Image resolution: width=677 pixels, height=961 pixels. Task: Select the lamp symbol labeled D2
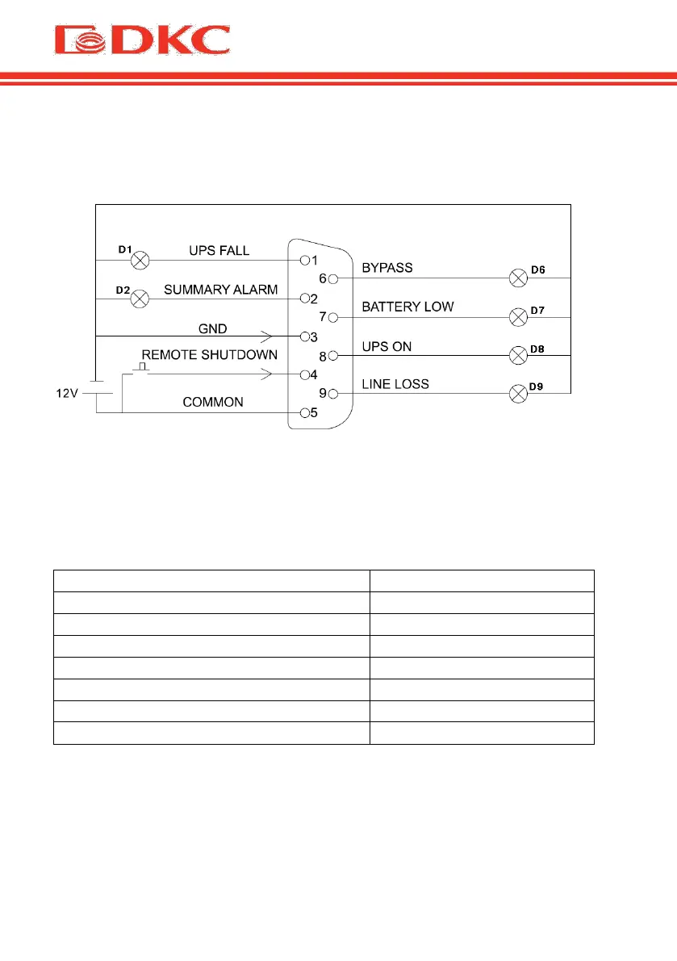tap(140, 299)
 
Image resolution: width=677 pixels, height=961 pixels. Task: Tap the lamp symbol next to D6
tap(518, 278)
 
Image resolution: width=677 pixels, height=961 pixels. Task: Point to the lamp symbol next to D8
tap(518, 355)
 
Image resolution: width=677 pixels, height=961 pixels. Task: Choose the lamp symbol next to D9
tap(518, 394)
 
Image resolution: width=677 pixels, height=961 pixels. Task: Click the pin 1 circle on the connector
tap(304, 261)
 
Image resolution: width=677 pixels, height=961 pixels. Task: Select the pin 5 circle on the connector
tap(304, 413)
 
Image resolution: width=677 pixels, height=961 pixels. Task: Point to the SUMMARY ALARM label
tap(221, 289)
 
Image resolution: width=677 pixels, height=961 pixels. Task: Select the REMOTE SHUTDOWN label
tap(210, 355)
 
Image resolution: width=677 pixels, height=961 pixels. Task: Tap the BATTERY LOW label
tap(407, 307)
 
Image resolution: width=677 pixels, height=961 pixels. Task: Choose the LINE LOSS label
tap(395, 383)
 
